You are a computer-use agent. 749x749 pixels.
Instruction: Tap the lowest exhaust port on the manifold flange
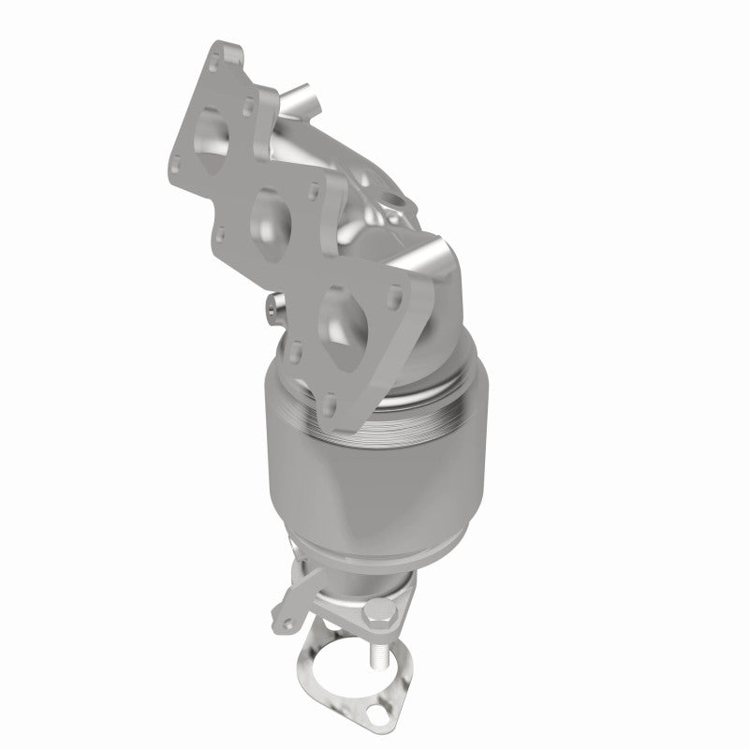pos(340,316)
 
